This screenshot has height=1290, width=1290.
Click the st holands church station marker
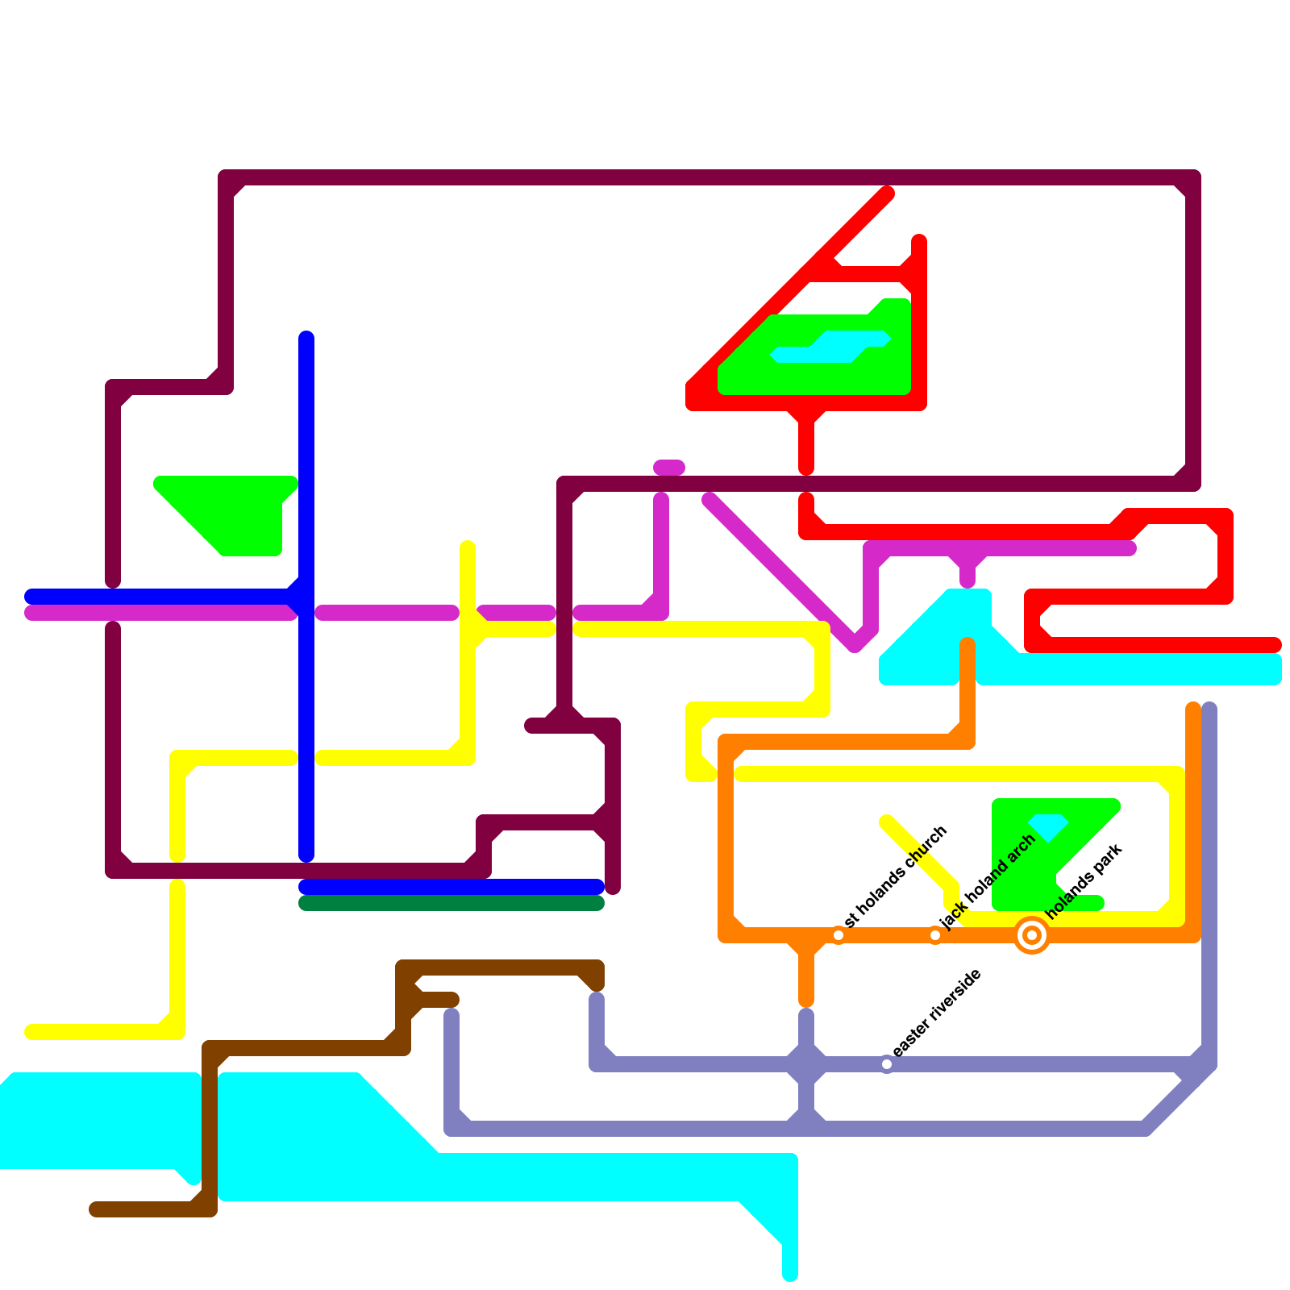coord(838,935)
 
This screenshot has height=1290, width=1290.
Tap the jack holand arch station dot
coord(935,935)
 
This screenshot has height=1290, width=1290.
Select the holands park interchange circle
coord(1032,935)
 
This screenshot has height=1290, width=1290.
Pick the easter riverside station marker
coord(887,1064)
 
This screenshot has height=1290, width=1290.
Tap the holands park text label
coord(1084,881)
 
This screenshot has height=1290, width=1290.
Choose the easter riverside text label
coord(937,1013)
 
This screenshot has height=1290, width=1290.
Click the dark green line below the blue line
coord(451,903)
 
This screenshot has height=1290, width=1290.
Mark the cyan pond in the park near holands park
coord(1048,826)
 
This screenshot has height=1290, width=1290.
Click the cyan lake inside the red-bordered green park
coord(830,347)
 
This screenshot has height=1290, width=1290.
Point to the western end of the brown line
coord(95,1209)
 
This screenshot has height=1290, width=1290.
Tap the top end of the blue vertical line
coord(306,337)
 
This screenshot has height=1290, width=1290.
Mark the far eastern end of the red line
coord(1275,645)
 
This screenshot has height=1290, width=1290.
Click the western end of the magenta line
coord(31,613)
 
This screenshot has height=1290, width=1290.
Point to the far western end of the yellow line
coord(31,1032)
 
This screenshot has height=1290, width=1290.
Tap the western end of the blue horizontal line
coord(31,597)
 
